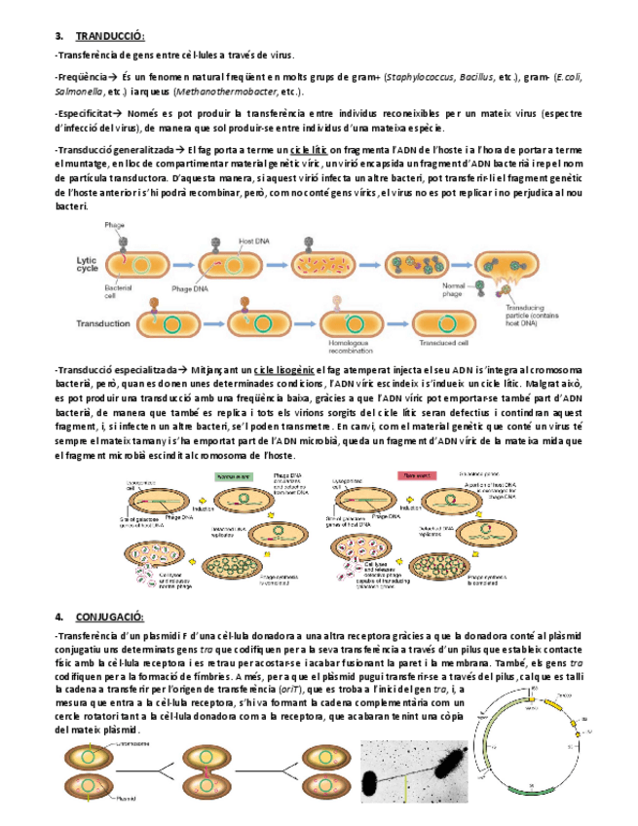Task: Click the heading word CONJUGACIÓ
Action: tap(109, 617)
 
